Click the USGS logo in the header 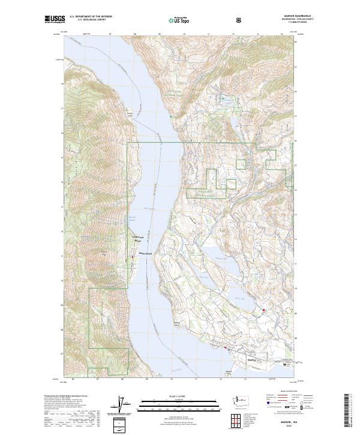point(55,19)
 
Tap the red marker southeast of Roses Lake point(263,310)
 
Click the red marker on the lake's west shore point(132,257)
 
